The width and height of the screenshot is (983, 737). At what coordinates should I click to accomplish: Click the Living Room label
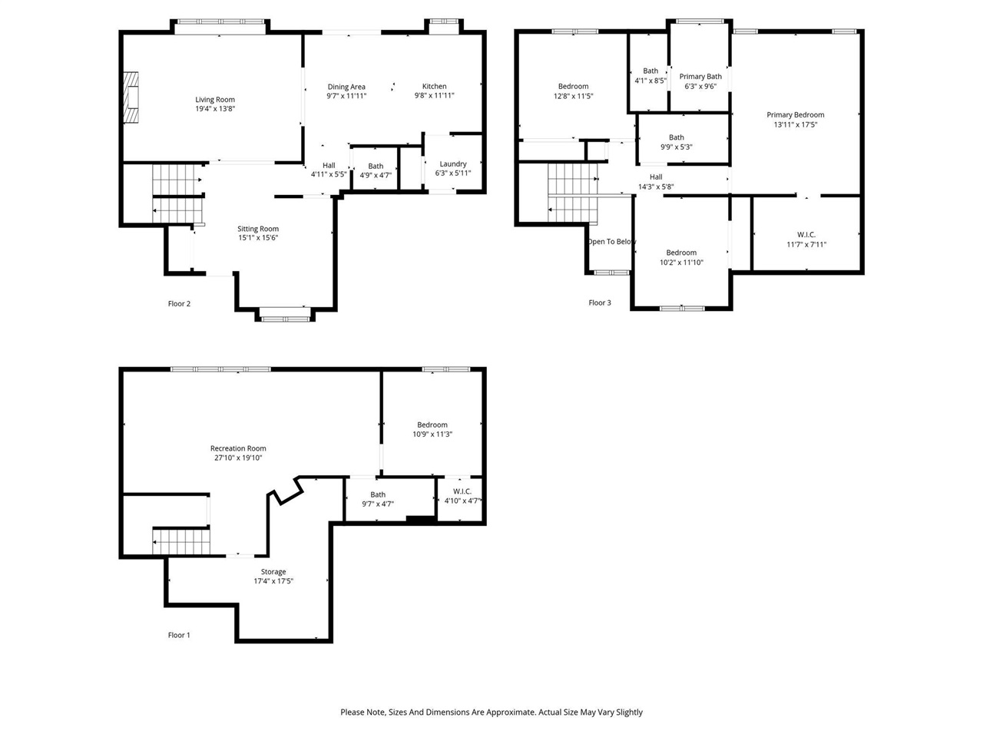click(x=215, y=100)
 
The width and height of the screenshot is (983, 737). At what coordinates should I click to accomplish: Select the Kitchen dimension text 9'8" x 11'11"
click(x=434, y=96)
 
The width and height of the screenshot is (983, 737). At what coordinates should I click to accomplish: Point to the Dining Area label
click(x=346, y=87)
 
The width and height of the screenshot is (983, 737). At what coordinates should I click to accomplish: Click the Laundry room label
click(x=453, y=164)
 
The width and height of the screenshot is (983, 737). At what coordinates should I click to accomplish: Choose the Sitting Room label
click(x=258, y=229)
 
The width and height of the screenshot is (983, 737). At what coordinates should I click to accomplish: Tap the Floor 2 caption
click(x=179, y=304)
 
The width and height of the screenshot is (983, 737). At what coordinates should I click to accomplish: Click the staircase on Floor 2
click(x=177, y=193)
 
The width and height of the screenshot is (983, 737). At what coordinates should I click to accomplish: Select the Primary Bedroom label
click(x=795, y=115)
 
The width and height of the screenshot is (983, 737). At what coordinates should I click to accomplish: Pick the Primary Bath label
click(x=700, y=77)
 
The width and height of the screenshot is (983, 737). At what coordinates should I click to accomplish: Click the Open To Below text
click(x=611, y=242)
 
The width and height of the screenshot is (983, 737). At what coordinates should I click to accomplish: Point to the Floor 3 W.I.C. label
click(x=806, y=235)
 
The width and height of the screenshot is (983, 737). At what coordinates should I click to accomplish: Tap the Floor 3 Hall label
click(x=656, y=177)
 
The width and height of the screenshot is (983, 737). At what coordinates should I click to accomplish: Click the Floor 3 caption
click(x=600, y=302)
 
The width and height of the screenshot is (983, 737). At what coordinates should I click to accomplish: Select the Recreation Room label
click(x=238, y=448)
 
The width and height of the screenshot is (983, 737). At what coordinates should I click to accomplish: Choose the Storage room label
click(x=273, y=572)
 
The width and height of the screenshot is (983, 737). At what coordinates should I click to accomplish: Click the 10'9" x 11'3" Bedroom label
click(x=432, y=425)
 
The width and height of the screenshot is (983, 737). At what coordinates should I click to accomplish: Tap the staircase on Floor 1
click(x=181, y=541)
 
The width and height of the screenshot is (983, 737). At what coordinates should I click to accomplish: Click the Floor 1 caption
click(x=179, y=636)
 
